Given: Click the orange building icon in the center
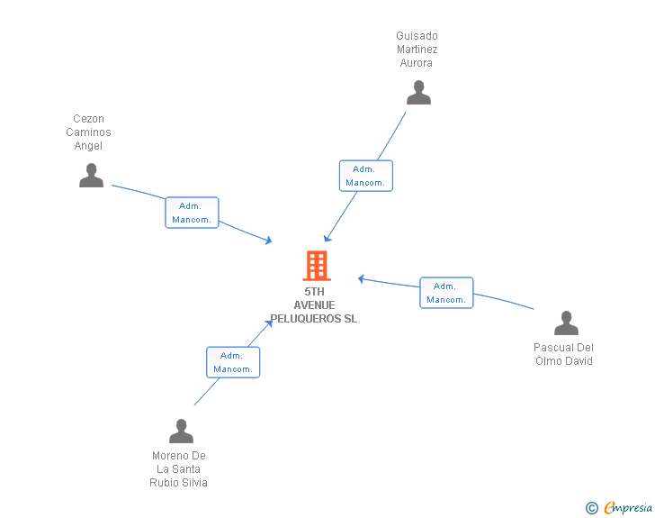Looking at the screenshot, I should point(316,266).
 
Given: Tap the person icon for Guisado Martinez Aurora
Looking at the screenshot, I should point(418,92).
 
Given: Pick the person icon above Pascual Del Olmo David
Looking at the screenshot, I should point(566,323).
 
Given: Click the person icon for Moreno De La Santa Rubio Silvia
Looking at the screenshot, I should point(181,431).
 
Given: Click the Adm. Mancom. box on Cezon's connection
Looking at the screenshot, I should point(192,213).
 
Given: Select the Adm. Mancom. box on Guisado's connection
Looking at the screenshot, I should point(365,176).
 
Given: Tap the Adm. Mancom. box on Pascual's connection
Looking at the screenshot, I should point(446,293).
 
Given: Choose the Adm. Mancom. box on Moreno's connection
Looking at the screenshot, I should point(233,362).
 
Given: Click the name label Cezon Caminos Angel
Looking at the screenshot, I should point(89,132).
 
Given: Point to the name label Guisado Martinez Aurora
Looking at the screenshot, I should point(417,50).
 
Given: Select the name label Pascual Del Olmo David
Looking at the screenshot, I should point(564,354).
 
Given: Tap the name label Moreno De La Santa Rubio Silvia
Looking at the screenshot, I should point(179,468).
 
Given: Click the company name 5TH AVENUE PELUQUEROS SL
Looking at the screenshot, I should point(314,305).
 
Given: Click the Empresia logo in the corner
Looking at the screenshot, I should point(627,507).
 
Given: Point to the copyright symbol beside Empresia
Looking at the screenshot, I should point(591,508).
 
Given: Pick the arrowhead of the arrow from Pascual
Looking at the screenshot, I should point(360,278).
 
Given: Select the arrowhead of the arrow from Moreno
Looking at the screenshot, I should point(269,323).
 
